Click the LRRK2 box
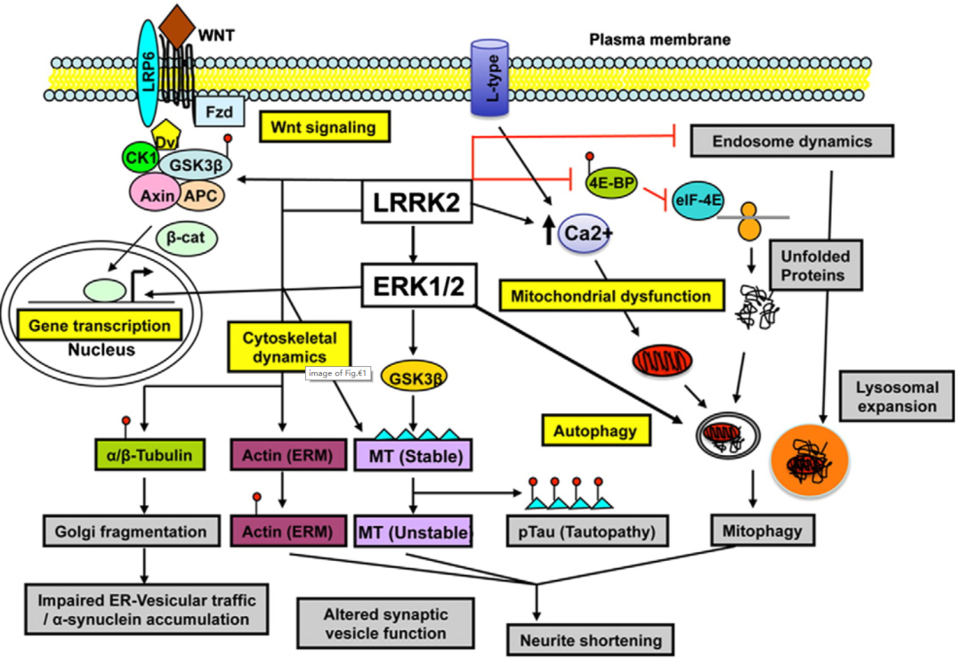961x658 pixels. pos(416,205)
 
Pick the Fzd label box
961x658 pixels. pos(214,115)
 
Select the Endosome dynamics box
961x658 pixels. pos(792,141)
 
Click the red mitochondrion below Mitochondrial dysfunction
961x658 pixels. pos(659,361)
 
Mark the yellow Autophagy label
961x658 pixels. pos(594,431)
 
